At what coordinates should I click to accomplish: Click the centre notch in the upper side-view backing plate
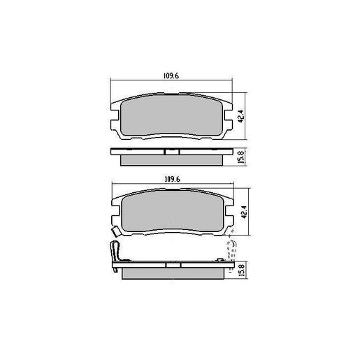coord(168,150)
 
